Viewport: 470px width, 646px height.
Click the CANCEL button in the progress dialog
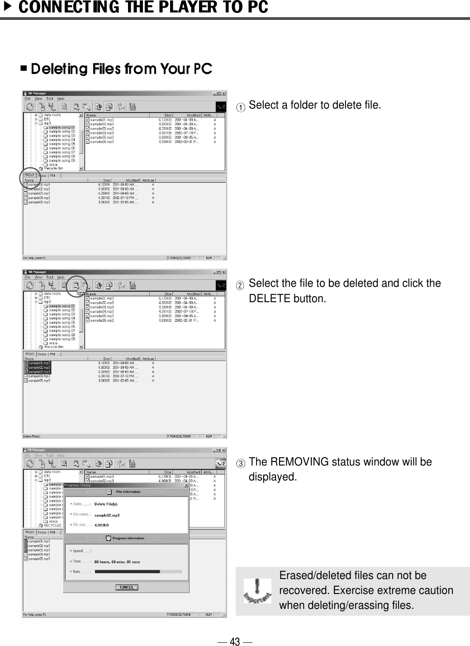[x=126, y=587]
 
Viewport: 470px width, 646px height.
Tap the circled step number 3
[x=242, y=464]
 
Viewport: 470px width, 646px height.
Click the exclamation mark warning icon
[x=257, y=590]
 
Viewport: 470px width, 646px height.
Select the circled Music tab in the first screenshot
[x=29, y=176]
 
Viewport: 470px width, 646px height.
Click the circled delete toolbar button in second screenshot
[x=76, y=285]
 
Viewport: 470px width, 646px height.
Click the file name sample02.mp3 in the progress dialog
[x=107, y=515]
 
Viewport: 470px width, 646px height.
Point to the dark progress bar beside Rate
[x=127, y=572]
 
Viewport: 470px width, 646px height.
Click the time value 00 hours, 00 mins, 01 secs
[x=117, y=562]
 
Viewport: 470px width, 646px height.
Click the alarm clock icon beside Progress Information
[x=108, y=538]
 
